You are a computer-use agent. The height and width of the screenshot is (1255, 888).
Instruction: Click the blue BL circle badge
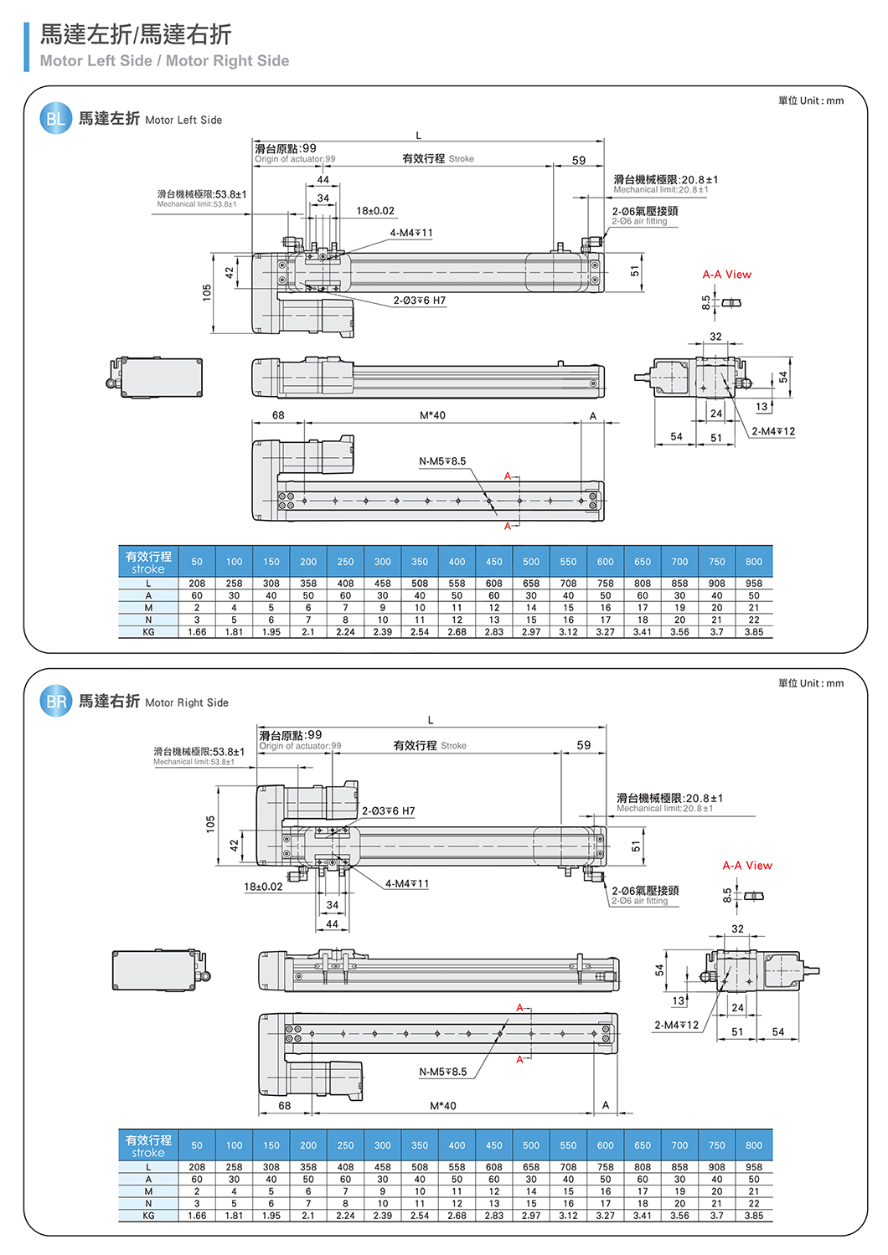tap(55, 119)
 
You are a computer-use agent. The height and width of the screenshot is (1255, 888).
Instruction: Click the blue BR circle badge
tap(55, 702)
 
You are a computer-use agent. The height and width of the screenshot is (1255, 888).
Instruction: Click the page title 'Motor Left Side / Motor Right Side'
tap(164, 61)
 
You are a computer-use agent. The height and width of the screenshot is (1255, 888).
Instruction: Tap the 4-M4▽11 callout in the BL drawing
tap(411, 234)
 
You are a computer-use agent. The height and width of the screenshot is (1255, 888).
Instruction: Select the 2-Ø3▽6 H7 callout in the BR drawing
tap(388, 811)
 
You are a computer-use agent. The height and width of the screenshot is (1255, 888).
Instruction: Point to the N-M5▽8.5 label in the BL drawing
tap(442, 461)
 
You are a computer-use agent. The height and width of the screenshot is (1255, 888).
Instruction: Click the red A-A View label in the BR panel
tap(747, 866)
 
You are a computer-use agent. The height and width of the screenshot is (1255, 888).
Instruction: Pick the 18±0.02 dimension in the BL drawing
tap(375, 211)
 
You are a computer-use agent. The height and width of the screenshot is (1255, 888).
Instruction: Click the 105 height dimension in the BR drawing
tap(211, 824)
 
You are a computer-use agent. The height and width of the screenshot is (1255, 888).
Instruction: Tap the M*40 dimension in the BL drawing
tap(432, 415)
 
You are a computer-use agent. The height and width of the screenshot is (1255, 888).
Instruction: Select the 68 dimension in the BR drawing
tap(285, 1106)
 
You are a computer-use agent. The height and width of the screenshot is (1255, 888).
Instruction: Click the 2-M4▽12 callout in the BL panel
tap(773, 432)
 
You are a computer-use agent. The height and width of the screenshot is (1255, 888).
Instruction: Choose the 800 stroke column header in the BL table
tap(754, 562)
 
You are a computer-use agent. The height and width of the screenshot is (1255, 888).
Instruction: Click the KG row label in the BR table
tap(148, 1216)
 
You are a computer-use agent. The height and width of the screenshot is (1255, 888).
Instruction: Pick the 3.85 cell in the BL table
tap(754, 632)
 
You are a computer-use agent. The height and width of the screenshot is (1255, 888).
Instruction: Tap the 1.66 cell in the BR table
tap(197, 1216)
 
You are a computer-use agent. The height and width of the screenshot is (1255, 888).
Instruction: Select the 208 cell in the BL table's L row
tap(197, 584)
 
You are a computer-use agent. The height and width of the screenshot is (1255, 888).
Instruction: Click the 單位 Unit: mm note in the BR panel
tap(810, 683)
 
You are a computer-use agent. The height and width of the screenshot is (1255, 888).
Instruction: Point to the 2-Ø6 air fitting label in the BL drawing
tap(644, 216)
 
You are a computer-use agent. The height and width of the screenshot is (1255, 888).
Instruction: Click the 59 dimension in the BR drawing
tap(584, 745)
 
